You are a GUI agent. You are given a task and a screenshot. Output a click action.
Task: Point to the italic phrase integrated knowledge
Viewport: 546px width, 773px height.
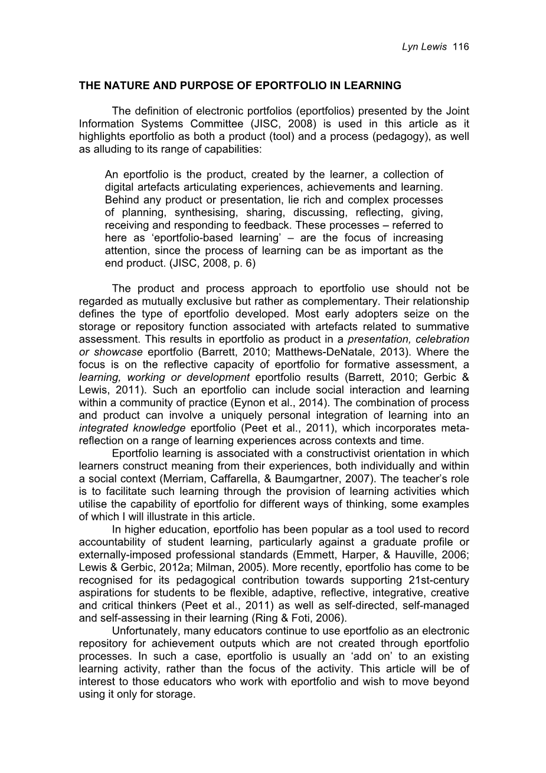(132, 428)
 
